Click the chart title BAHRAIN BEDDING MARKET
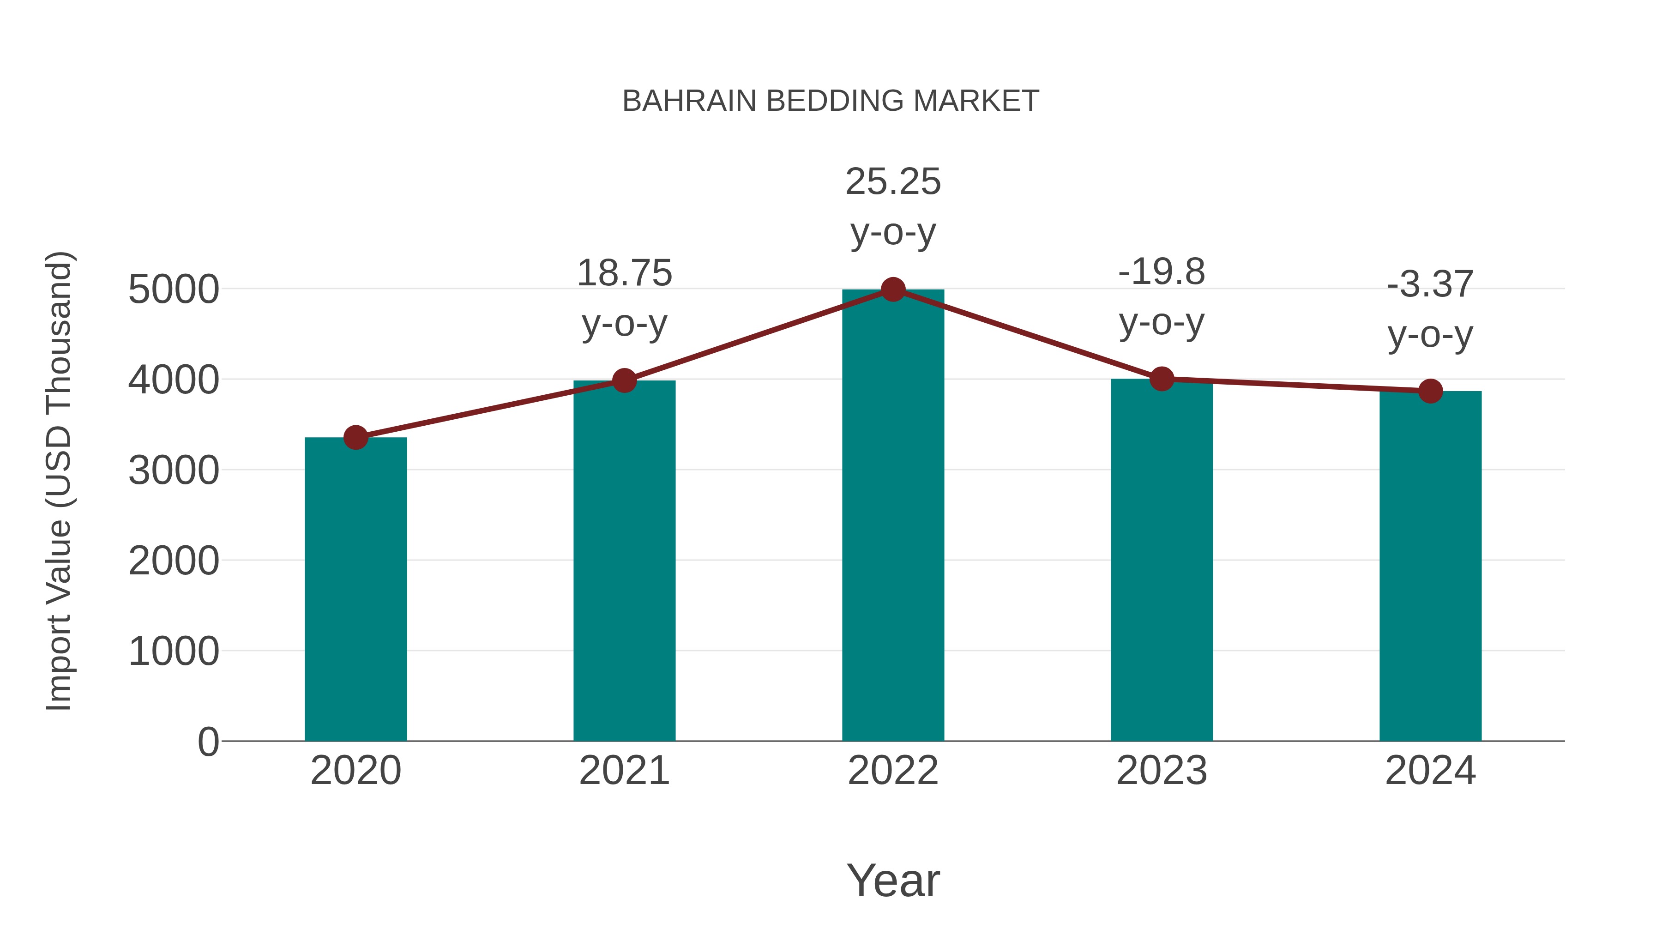(831, 101)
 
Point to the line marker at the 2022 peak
(893, 290)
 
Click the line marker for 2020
(355, 438)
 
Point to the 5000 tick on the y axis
(174, 289)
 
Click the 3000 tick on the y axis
(174, 471)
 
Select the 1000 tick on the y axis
(174, 651)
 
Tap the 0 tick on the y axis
(208, 742)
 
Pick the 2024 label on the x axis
(1430, 771)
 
